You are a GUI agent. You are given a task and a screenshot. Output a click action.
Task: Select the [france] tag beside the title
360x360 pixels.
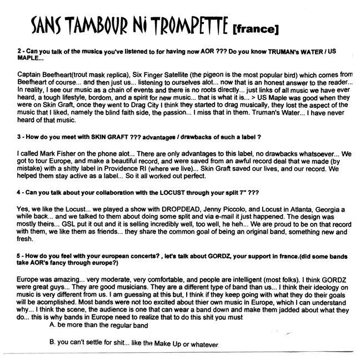pos(256,27)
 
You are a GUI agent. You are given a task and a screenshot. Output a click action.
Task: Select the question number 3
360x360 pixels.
pos(20,137)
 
